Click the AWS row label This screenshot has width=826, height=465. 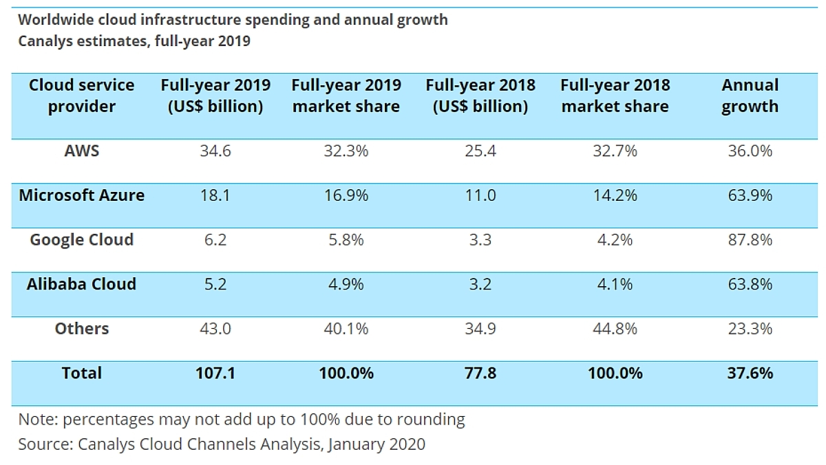pyautogui.click(x=82, y=151)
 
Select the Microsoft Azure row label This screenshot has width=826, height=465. pyautogui.click(x=82, y=195)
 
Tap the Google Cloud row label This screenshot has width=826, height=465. pyautogui.click(x=82, y=240)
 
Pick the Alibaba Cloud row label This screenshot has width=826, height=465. pyautogui.click(x=82, y=284)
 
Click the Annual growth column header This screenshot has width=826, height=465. pyautogui.click(x=750, y=96)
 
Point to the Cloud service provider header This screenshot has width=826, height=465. pyautogui.click(x=82, y=96)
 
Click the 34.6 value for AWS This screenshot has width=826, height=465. pyautogui.click(x=215, y=151)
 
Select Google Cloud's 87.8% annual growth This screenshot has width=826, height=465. pyautogui.click(x=750, y=240)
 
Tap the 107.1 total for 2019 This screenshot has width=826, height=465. pyautogui.click(x=215, y=374)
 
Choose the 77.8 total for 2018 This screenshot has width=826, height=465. pyautogui.click(x=480, y=374)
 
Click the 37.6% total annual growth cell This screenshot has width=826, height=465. pyautogui.click(x=750, y=374)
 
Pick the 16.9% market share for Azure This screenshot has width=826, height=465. pyautogui.click(x=346, y=195)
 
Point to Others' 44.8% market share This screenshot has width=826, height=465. pyautogui.click(x=615, y=329)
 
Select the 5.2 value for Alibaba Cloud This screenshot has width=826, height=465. pyautogui.click(x=215, y=284)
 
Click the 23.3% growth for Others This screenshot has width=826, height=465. pyautogui.click(x=750, y=329)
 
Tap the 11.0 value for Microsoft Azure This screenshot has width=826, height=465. pyautogui.click(x=480, y=195)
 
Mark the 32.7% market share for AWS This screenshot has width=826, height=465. pyautogui.click(x=615, y=151)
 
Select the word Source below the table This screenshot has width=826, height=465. pyautogui.click(x=42, y=444)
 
